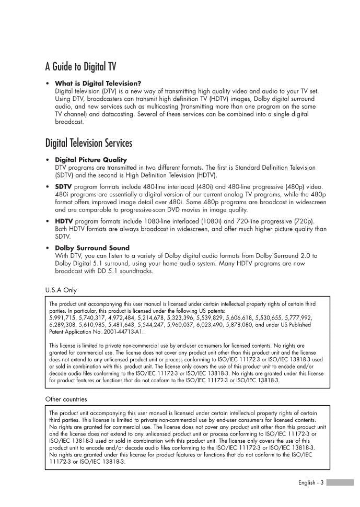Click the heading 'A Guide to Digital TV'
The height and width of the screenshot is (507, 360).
[80, 66]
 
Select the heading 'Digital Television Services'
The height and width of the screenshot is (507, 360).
[88, 143]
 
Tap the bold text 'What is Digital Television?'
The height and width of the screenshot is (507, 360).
[98, 83]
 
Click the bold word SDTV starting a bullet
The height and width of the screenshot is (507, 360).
[63, 186]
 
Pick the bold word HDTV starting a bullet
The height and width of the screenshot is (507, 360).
[64, 221]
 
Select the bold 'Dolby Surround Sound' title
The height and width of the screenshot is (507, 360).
[92, 247]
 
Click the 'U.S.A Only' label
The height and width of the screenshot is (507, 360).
[61, 290]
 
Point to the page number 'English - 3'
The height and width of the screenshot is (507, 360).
[310, 483]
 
